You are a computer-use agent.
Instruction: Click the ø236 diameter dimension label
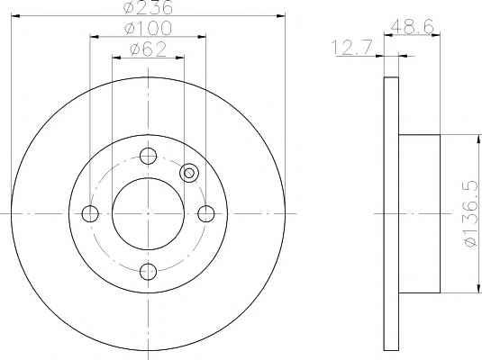tap(148, 7)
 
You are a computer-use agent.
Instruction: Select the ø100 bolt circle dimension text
tap(148, 28)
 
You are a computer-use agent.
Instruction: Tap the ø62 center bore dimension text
tap(148, 49)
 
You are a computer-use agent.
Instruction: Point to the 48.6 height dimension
tap(412, 26)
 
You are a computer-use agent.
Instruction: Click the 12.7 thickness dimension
tap(352, 47)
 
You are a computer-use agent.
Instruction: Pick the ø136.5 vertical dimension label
tap(471, 214)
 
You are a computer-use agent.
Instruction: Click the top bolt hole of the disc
tap(148, 156)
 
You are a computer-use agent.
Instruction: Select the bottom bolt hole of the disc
tap(148, 272)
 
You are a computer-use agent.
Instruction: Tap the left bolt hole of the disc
tap(90, 213)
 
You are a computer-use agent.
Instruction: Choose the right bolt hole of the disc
tap(206, 213)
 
